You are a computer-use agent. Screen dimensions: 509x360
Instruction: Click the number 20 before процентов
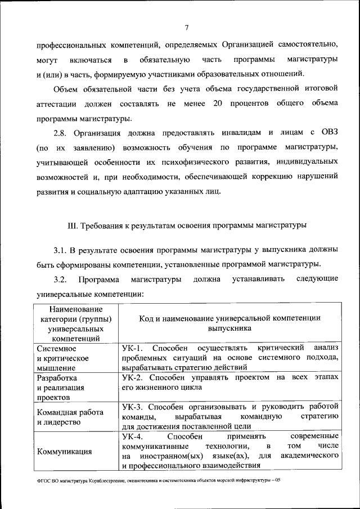point(219,104)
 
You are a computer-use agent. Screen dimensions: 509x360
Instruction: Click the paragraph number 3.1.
point(60,249)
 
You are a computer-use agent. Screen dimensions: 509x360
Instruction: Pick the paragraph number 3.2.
point(60,279)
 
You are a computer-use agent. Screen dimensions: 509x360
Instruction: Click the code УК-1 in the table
point(133,348)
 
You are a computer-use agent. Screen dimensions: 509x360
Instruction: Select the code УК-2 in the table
point(133,377)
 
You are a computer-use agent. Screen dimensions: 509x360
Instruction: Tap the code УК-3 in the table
point(133,406)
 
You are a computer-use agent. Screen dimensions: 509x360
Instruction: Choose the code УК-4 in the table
point(133,436)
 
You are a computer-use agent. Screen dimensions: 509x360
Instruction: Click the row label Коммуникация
point(65,451)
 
